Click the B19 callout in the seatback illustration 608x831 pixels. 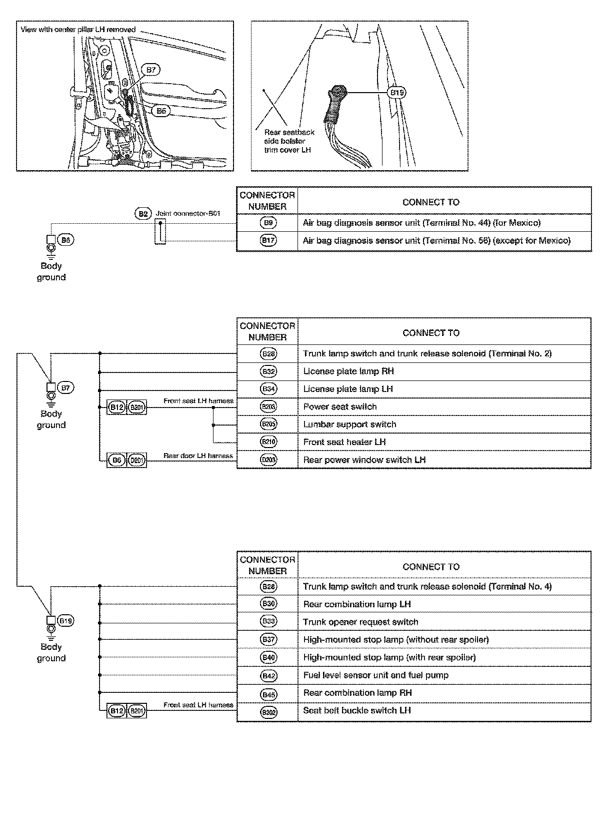[x=397, y=93]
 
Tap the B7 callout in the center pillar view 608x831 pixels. [x=151, y=70]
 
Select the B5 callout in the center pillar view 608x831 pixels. [x=161, y=111]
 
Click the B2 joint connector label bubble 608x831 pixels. [x=143, y=214]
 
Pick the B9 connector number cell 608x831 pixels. [x=268, y=223]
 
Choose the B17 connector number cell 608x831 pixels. [x=268, y=241]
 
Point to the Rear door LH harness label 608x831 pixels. [x=198, y=456]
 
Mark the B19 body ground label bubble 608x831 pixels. [x=66, y=621]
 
